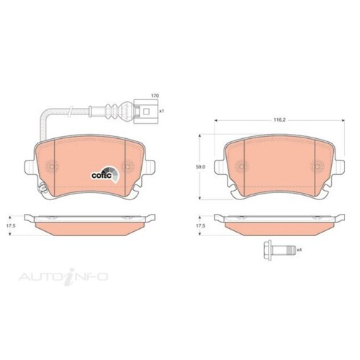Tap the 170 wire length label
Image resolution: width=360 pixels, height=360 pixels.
click(x=153, y=95)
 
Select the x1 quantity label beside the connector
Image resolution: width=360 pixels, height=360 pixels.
click(x=162, y=112)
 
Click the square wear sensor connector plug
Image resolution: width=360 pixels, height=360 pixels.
click(x=148, y=112)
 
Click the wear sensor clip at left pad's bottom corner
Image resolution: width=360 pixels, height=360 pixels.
click(x=42, y=192)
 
